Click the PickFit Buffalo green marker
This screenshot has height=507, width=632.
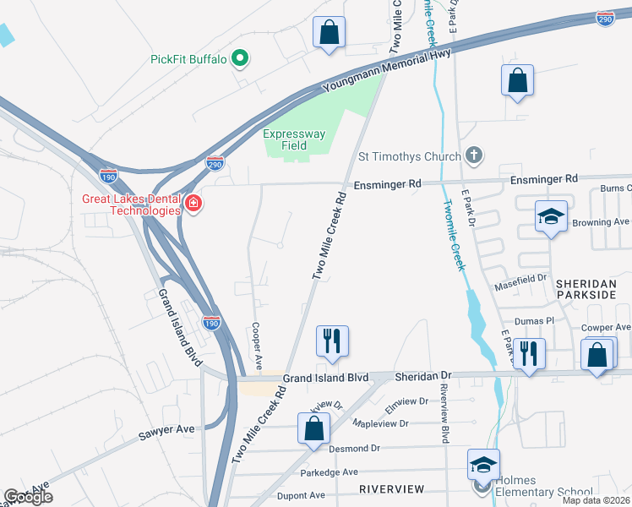[x=240, y=59]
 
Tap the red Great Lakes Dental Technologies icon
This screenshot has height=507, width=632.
[x=193, y=204]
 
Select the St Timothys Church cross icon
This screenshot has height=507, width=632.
[x=474, y=155]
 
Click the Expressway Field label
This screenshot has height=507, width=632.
[x=293, y=139]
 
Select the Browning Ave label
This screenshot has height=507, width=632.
[x=602, y=222]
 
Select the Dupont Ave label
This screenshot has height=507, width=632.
[x=302, y=495]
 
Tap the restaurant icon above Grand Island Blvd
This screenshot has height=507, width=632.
[x=332, y=341]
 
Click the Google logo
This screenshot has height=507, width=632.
[x=29, y=497]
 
